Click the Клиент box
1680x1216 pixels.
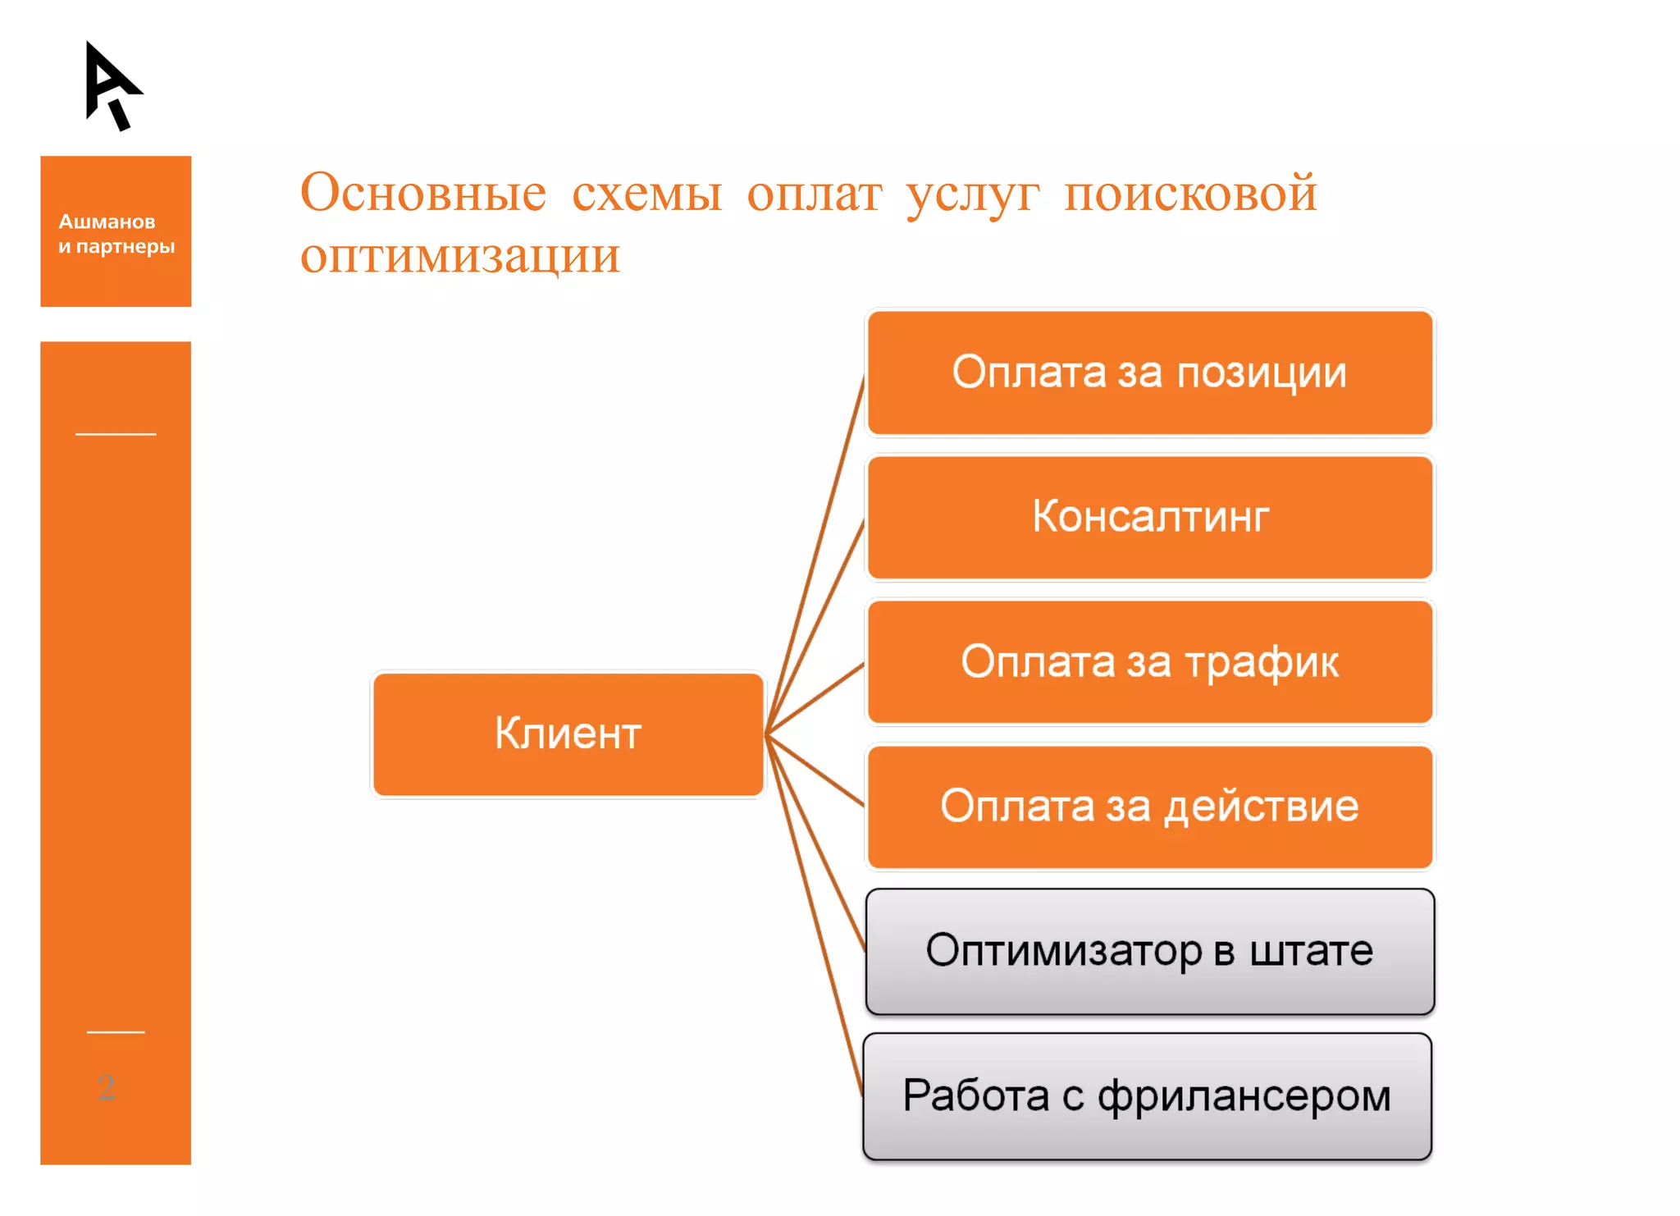point(568,734)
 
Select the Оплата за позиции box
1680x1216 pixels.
point(1149,373)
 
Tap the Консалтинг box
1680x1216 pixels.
point(1149,517)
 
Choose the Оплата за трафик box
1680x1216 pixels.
point(1149,661)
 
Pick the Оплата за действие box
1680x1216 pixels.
point(1149,806)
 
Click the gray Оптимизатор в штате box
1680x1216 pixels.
point(1149,951)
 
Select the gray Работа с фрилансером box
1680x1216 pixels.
point(1147,1095)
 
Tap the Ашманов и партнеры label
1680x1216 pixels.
point(116,234)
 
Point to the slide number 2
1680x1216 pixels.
point(106,1087)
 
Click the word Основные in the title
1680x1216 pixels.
point(422,194)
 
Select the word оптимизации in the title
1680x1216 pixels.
point(459,256)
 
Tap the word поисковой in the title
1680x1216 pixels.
point(1189,194)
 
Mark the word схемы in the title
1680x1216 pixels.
point(646,194)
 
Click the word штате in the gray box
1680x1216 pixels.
point(1311,951)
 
